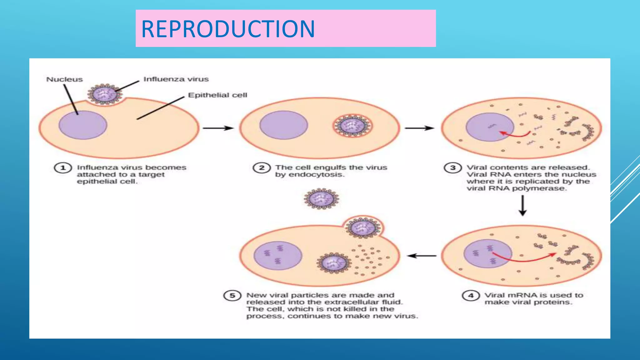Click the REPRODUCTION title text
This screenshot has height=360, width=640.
(228, 29)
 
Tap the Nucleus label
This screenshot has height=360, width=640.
(64, 79)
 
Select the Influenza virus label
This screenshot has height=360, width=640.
(176, 79)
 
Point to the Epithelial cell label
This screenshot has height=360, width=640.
(217, 95)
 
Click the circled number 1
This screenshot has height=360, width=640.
(63, 168)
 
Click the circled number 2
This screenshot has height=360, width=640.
(262, 168)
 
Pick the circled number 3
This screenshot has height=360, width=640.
(452, 168)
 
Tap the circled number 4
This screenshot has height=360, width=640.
(471, 295)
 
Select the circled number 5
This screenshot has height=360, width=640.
(232, 295)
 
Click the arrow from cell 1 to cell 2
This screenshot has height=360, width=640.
(218, 128)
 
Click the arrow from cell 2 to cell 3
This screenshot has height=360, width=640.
(419, 128)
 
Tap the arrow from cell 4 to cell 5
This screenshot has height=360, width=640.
(422, 256)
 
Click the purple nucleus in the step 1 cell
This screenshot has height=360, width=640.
(83, 125)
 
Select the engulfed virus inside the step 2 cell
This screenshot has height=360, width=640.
(352, 126)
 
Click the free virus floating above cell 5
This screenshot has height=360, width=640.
(322, 198)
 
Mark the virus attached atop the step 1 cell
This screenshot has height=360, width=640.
(105, 94)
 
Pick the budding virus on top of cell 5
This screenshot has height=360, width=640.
(363, 227)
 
